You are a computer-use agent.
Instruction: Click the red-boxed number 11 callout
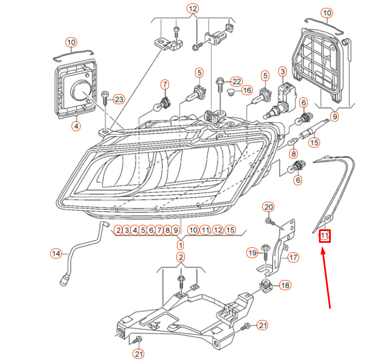(x=325, y=235)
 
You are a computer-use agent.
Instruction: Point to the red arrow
(x=326, y=279)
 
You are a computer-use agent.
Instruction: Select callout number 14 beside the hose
(x=56, y=254)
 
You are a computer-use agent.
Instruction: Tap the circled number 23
(x=119, y=99)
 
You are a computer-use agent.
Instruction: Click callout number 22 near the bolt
(x=236, y=82)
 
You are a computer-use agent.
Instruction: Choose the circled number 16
(x=247, y=90)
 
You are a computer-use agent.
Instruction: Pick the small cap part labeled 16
(x=230, y=92)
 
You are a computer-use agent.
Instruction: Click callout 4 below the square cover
(x=76, y=126)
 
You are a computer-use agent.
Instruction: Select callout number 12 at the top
(x=193, y=8)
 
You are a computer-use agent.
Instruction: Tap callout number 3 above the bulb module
(x=283, y=72)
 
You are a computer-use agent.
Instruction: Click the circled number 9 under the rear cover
(x=334, y=117)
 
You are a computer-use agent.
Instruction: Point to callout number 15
(x=314, y=143)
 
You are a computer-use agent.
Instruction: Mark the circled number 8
(x=294, y=154)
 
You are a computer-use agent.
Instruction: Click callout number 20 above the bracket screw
(x=268, y=207)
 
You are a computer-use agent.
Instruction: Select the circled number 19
(x=252, y=252)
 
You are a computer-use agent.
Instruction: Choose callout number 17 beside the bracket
(x=293, y=257)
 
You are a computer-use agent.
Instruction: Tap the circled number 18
(x=285, y=285)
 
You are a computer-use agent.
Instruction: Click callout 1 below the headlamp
(x=180, y=245)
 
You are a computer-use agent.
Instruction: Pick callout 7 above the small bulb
(x=165, y=85)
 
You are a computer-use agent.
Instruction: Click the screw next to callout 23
(x=105, y=97)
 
